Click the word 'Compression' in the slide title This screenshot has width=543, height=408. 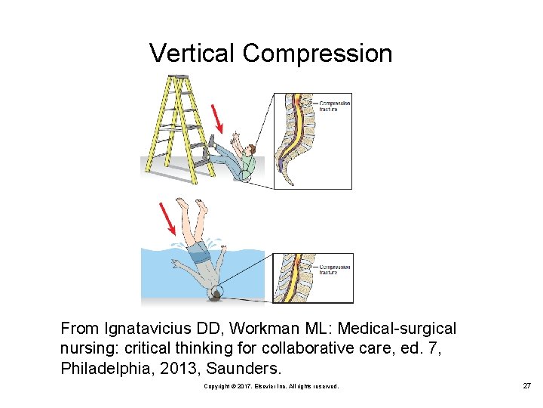(x=318, y=54)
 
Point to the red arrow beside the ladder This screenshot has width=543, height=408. (x=219, y=118)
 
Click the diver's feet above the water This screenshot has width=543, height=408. (x=189, y=206)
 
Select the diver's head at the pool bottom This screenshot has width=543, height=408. (x=215, y=295)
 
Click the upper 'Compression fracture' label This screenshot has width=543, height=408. (x=334, y=107)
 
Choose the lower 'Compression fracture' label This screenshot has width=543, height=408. (x=335, y=269)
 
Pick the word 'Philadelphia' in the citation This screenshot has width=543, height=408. (x=99, y=369)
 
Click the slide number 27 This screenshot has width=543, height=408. (x=526, y=386)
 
